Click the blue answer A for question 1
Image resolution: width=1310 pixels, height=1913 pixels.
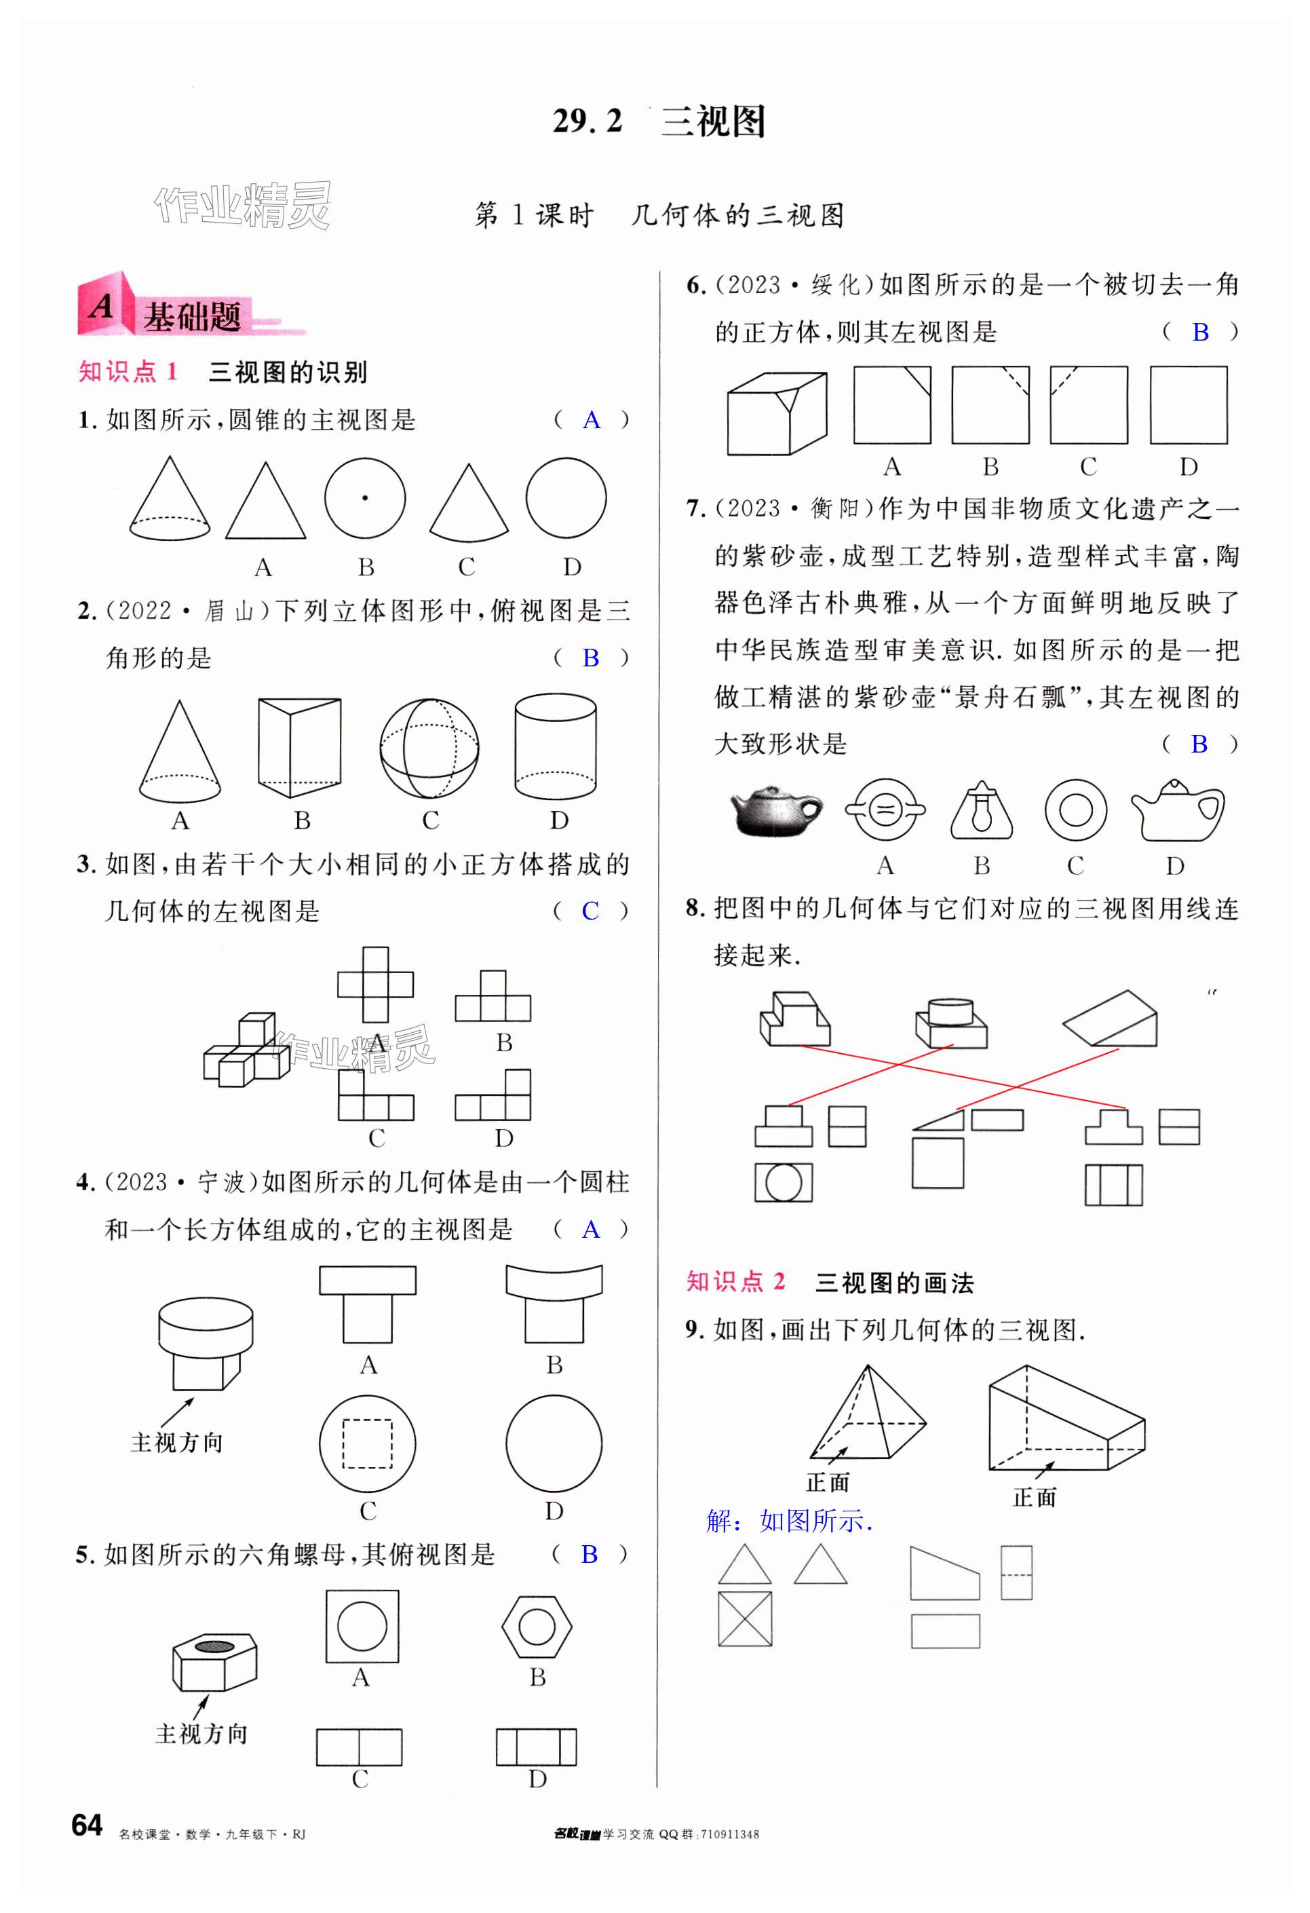point(591,421)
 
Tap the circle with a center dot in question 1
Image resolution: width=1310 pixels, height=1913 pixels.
point(364,498)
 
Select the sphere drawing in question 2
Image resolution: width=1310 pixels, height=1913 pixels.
point(429,749)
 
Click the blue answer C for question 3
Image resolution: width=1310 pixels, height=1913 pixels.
point(590,911)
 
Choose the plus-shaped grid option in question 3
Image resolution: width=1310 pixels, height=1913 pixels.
point(375,985)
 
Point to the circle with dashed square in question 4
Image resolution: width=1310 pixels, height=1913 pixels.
point(367,1443)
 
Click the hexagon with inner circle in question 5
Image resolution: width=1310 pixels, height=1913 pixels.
point(537,1627)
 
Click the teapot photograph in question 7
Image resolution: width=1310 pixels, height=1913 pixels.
point(775,811)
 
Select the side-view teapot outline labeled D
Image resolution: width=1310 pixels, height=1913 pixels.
point(1178,811)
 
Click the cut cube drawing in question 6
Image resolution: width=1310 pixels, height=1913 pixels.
point(777,413)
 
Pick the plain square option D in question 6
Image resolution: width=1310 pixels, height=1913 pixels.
point(1187,406)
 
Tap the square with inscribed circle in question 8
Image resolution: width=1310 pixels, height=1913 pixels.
point(784,1183)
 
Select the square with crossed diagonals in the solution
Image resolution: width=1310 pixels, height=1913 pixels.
point(745,1619)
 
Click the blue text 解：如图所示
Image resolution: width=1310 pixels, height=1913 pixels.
point(789,1521)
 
